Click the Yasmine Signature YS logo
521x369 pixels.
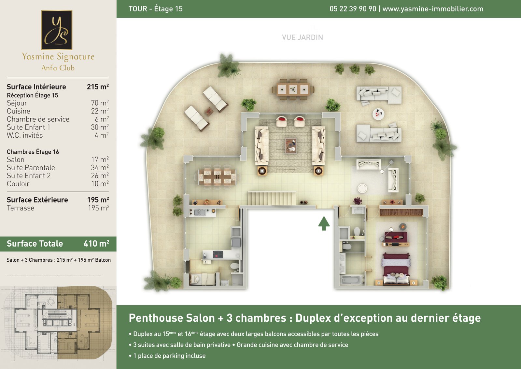pyautogui.click(x=57, y=30)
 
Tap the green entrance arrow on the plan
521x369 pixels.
pyautogui.click(x=324, y=223)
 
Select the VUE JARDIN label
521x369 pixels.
pyautogui.click(x=303, y=37)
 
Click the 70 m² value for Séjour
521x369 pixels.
pyautogui.click(x=100, y=103)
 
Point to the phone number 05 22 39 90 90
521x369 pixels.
pyautogui.click(x=353, y=9)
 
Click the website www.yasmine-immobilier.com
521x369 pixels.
pyautogui.click(x=433, y=9)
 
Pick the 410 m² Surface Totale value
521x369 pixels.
pyautogui.click(x=96, y=244)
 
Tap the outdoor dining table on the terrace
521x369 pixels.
pyautogui.click(x=293, y=89)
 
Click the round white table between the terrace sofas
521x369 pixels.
pyautogui.click(x=378, y=114)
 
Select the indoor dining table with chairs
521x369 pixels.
pyautogui.click(x=217, y=177)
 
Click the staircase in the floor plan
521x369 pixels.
pyautogui.click(x=272, y=198)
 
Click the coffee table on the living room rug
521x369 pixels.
pyautogui.click(x=291, y=146)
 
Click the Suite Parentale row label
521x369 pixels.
pyautogui.click(x=31, y=168)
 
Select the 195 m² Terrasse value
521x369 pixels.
pyautogui.click(x=98, y=208)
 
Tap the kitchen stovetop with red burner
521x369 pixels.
pyautogui.click(x=218, y=254)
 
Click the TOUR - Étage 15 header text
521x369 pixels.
pyautogui.click(x=156, y=9)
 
